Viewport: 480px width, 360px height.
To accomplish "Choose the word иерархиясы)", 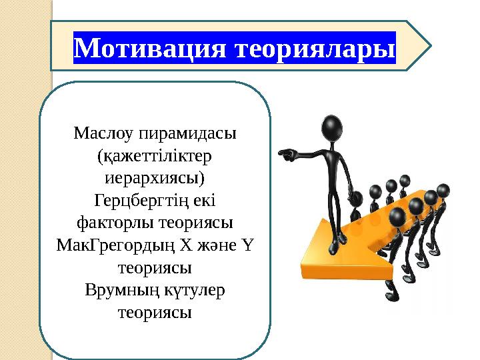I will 155,179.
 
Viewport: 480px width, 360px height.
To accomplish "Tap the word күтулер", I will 192,291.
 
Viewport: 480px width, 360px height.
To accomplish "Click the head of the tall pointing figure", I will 333,126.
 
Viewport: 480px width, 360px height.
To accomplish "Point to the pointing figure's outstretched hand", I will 284,155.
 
